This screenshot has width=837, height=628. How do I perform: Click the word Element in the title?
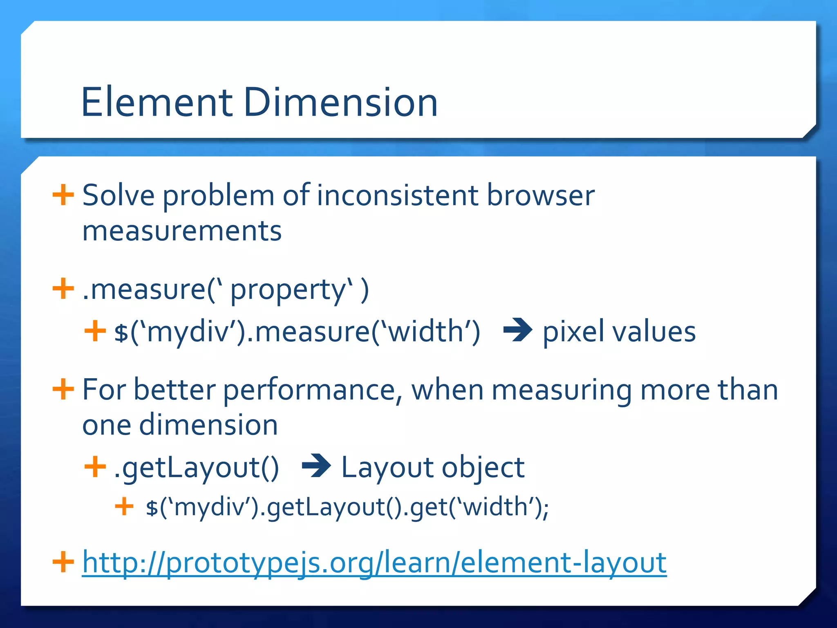click(157, 102)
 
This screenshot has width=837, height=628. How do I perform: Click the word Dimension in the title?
click(340, 102)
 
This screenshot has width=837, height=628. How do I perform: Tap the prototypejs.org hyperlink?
click(374, 563)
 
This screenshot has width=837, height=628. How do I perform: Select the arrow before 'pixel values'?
click(517, 330)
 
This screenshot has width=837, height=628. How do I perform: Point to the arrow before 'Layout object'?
click(316, 466)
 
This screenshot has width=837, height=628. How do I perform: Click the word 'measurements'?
click(182, 231)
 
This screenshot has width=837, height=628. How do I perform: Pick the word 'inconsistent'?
click(397, 195)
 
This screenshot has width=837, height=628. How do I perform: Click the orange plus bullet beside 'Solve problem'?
click(63, 195)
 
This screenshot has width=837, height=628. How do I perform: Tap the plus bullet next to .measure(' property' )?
click(63, 289)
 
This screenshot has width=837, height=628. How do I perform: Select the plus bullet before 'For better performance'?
click(63, 389)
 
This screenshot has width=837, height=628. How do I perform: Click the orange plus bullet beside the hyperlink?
click(63, 562)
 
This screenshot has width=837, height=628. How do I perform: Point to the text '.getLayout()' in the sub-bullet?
click(197, 467)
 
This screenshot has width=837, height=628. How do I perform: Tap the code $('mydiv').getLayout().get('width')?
click(347, 507)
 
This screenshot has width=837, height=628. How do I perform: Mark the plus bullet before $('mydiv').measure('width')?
click(95, 330)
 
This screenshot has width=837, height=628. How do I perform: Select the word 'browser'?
click(540, 195)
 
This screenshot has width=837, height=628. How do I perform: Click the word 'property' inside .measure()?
click(288, 290)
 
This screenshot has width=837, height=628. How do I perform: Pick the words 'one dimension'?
click(180, 425)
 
